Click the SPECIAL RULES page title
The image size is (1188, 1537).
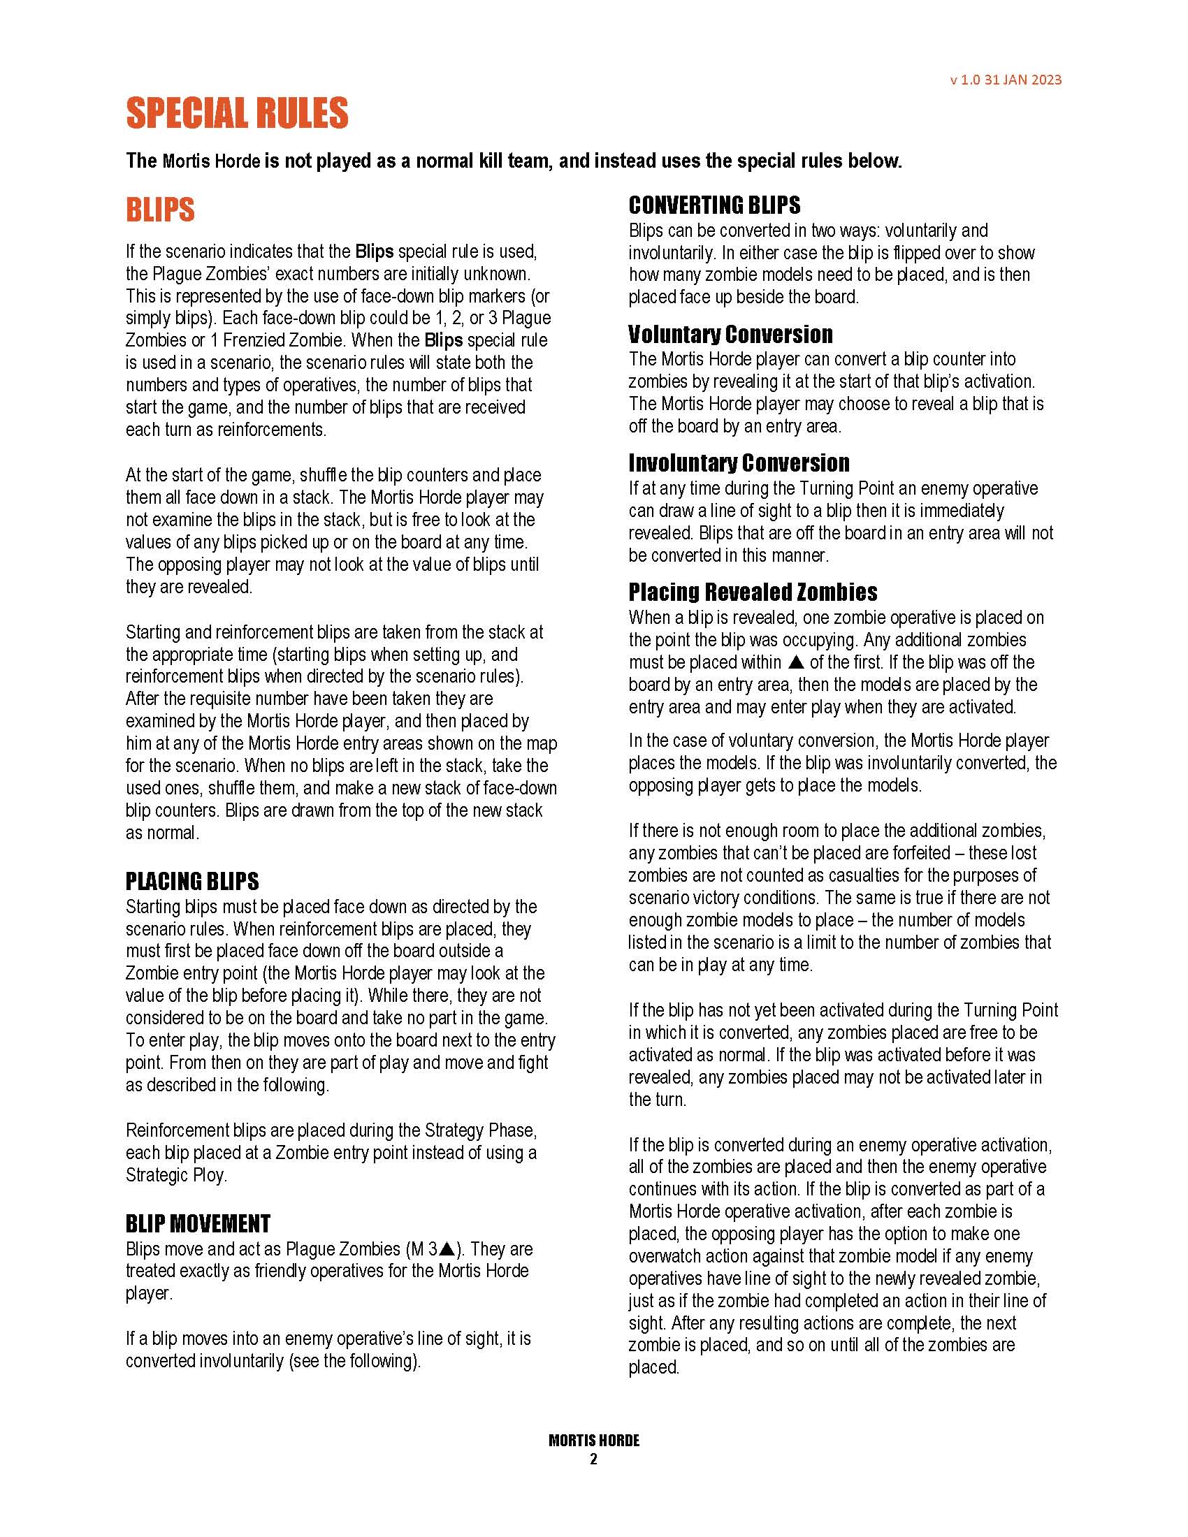click(x=237, y=113)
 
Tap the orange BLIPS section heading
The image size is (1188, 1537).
click(x=160, y=210)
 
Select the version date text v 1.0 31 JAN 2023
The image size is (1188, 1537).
click(x=1005, y=80)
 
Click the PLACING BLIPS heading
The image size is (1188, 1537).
click(x=192, y=881)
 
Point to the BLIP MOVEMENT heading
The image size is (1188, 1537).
click(x=198, y=1223)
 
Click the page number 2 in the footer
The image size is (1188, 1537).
click(x=593, y=1459)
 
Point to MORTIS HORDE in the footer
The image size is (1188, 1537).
click(x=594, y=1441)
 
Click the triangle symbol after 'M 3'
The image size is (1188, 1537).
click(x=447, y=1249)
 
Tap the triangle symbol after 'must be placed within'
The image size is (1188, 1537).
click(x=796, y=662)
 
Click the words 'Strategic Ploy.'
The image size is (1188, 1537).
click(x=176, y=1175)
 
